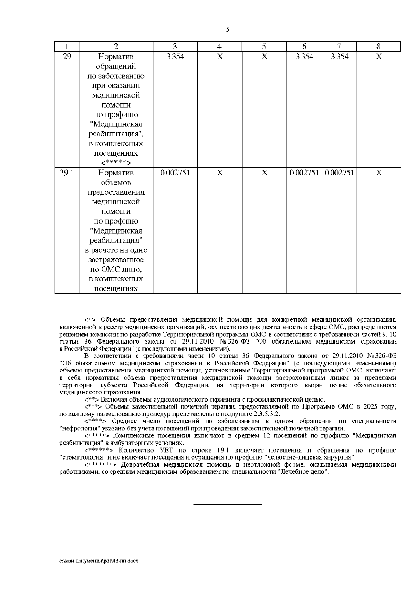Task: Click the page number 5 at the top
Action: pos(227,30)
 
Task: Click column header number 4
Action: pos(219,47)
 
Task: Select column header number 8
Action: pos(379,47)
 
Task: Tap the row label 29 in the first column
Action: pos(67,57)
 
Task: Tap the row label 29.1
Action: pos(67,173)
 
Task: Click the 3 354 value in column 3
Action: pos(175,57)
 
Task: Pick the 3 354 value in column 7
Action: pos(339,57)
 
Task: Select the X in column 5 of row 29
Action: pos(264,57)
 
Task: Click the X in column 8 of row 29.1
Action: pos(379,173)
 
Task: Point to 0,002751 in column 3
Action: pos(175,173)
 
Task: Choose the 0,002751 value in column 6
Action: pos(304,173)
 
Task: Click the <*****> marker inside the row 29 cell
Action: pos(116,163)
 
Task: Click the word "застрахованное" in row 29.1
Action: pos(116,260)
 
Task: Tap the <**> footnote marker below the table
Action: pos(92,400)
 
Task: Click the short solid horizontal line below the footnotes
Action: pos(227,504)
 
